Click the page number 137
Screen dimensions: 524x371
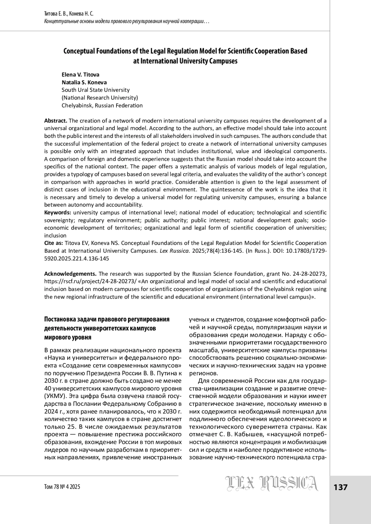[340, 488]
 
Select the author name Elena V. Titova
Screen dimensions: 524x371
[80, 75]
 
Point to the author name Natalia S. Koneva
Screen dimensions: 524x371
[84, 82]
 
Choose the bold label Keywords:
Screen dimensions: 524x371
[58, 212]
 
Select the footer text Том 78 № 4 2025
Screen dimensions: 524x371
[62, 487]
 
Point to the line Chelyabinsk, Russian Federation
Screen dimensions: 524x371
[102, 105]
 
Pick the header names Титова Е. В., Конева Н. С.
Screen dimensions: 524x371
[69, 14]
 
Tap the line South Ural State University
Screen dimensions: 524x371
[96, 90]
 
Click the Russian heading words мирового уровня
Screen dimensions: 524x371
[68, 337]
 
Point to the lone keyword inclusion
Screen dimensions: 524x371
[55, 235]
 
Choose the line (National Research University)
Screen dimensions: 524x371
[100, 98]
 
